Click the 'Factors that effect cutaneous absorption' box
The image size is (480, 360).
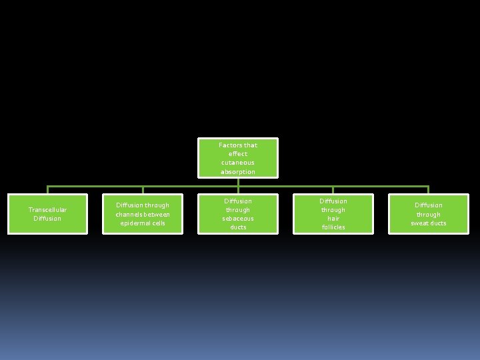pos(238,158)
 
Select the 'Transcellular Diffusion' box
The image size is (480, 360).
pos(47,214)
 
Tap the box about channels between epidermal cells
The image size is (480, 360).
pos(143,214)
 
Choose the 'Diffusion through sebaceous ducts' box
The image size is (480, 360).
pos(238,214)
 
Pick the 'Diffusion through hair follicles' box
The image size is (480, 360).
pos(333,214)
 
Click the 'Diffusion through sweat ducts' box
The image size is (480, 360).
pos(429,214)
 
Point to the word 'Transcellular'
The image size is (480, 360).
pos(47,210)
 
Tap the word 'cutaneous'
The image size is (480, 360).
pos(238,163)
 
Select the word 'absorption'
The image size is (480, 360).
pos(238,172)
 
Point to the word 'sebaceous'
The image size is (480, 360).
pos(238,219)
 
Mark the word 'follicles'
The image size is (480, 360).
pos(333,227)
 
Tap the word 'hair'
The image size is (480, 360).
pos(333,219)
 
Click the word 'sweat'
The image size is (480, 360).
pos(421,223)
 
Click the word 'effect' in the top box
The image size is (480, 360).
pos(238,154)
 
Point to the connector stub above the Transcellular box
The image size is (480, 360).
pos(47,190)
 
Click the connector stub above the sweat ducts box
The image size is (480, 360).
pos(429,190)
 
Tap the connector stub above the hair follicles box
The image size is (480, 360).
pos(333,190)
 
